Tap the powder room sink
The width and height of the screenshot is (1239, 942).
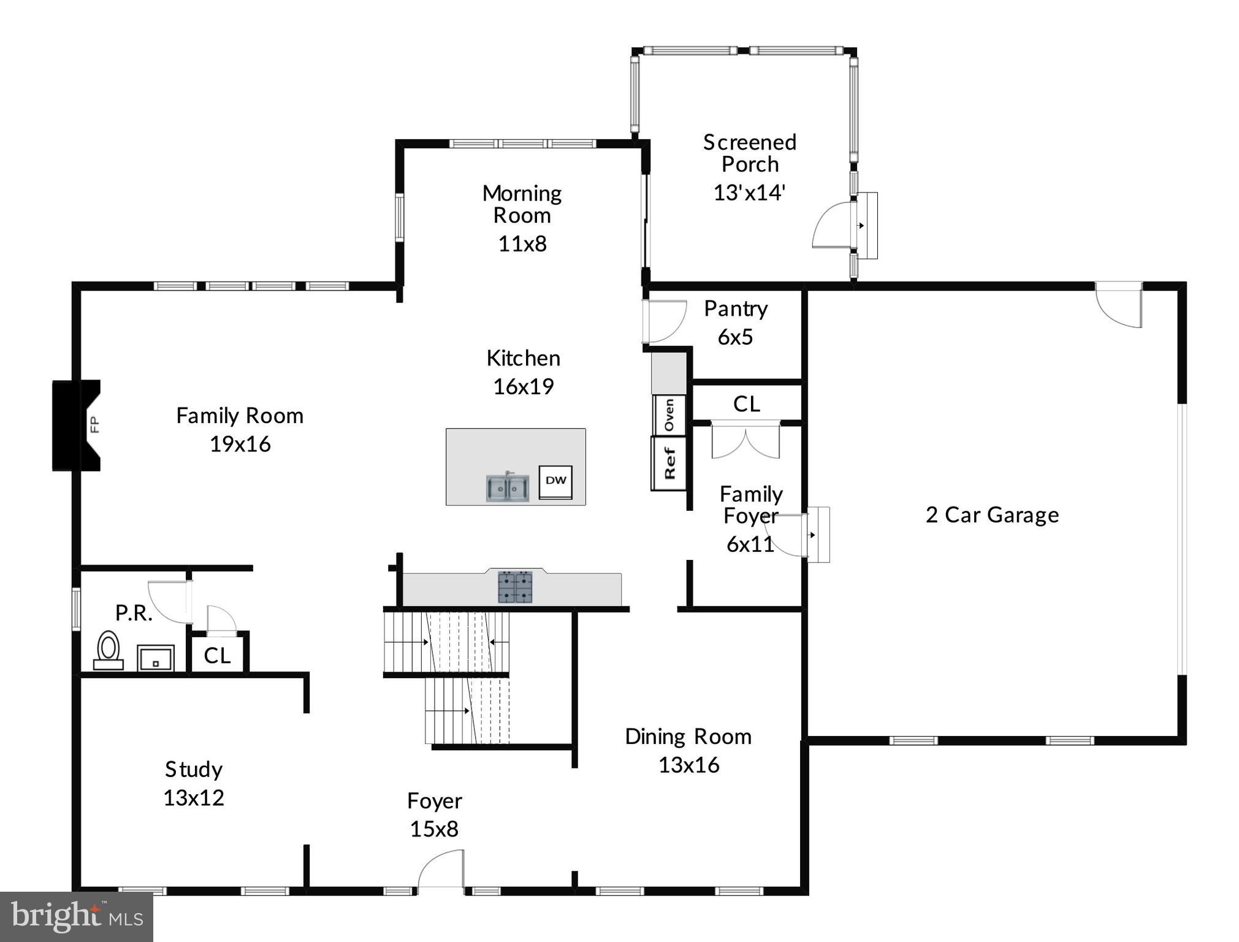pyautogui.click(x=156, y=658)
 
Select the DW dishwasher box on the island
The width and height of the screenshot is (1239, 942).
pyautogui.click(x=555, y=481)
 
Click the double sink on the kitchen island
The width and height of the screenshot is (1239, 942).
pyautogui.click(x=508, y=488)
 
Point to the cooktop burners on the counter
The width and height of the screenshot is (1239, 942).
pyautogui.click(x=515, y=587)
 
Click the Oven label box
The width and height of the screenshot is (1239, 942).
pyautogui.click(x=669, y=415)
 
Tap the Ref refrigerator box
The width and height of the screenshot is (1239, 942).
pyautogui.click(x=669, y=463)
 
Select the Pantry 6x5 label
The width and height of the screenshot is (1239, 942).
pyautogui.click(x=735, y=323)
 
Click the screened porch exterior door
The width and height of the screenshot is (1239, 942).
pyautogui.click(x=833, y=226)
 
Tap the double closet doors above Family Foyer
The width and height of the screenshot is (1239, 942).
pyautogui.click(x=745, y=440)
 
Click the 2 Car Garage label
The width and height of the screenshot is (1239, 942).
pyautogui.click(x=992, y=515)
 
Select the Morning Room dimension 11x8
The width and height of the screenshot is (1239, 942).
pyautogui.click(x=522, y=244)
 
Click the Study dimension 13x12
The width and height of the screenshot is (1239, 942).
pyautogui.click(x=194, y=798)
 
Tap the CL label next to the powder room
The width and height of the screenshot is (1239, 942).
pyautogui.click(x=217, y=656)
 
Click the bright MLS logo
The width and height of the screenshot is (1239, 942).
pyautogui.click(x=77, y=917)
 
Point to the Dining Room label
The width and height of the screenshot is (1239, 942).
pyautogui.click(x=688, y=737)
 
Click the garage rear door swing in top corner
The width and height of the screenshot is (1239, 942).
pyautogui.click(x=1119, y=305)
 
